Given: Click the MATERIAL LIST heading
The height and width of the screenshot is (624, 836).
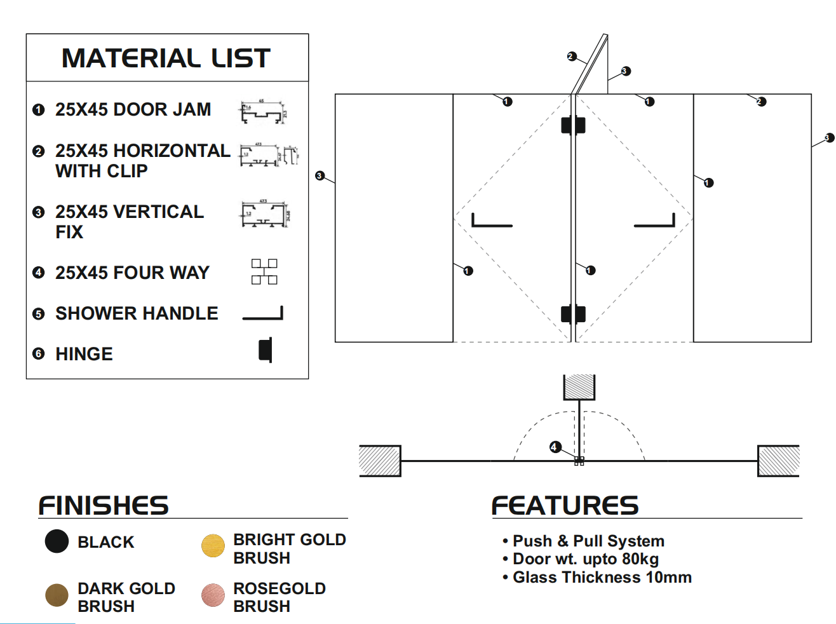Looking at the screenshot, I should [166, 58].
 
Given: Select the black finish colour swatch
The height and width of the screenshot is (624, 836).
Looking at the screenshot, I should [57, 541].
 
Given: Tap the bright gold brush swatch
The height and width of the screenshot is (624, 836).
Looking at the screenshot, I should [213, 545].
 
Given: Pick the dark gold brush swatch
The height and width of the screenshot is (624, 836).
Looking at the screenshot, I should [57, 595].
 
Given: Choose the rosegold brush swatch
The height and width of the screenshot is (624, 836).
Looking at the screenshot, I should [213, 595].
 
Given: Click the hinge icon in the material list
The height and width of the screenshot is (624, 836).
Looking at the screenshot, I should [266, 350].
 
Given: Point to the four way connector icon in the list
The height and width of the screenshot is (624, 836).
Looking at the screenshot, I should [264, 271].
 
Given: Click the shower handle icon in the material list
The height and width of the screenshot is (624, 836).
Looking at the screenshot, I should [263, 314].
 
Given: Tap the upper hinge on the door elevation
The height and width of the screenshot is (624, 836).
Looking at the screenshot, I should [573, 125].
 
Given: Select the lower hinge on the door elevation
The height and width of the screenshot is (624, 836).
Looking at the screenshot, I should [573, 314].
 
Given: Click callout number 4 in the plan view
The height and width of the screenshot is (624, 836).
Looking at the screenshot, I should [555, 447].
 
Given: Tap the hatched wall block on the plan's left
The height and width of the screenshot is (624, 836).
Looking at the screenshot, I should [380, 461].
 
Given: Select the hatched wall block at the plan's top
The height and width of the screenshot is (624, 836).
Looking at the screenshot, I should [579, 386].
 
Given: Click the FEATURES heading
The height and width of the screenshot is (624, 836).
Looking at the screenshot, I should [565, 506].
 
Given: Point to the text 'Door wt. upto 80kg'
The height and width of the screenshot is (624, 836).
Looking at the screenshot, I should [585, 559].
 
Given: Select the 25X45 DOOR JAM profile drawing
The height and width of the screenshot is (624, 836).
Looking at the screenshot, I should [263, 112].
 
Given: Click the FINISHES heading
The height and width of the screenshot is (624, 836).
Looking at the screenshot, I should [104, 506].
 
